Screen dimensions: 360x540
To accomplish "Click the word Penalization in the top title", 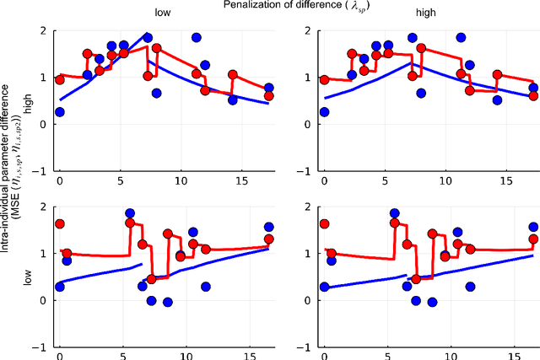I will pyautogui.click(x=251, y=5).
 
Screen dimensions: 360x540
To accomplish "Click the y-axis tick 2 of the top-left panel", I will pyautogui.click(x=42, y=31).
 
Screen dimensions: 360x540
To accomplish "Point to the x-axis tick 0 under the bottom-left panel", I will pyautogui.click(x=59, y=356).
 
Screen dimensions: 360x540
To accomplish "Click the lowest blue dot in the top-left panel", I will pyautogui.click(x=59, y=112).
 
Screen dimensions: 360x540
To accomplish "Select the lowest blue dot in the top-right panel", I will pyautogui.click(x=324, y=112).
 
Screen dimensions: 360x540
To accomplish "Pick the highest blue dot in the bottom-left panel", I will pyautogui.click(x=130, y=214).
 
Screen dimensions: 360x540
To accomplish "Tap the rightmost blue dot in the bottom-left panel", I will pyautogui.click(x=268, y=227).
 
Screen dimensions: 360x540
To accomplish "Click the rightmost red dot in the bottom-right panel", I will pyautogui.click(x=533, y=239).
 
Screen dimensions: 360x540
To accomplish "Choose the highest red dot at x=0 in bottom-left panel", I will pyautogui.click(x=59, y=224).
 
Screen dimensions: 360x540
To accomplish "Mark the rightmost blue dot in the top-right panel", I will pyautogui.click(x=533, y=88).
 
